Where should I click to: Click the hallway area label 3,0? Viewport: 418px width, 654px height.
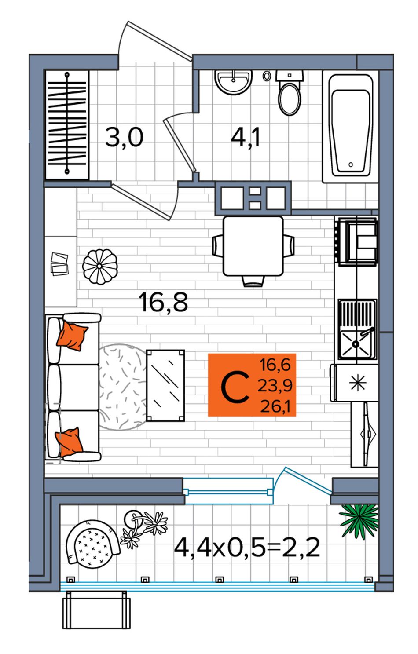coord(124,137)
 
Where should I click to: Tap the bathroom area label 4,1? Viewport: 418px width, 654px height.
coord(245,137)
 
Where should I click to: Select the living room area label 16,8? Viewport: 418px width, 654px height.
coord(164,302)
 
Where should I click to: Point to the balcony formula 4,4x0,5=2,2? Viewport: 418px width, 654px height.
coord(247,548)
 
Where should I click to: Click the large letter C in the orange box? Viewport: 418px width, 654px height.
coord(235,387)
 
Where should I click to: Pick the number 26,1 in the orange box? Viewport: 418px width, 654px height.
coord(275,406)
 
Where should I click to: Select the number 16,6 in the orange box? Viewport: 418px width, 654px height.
coord(275,365)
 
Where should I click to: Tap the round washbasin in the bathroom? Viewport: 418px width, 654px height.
coord(233,82)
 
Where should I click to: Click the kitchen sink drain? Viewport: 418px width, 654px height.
coord(356,344)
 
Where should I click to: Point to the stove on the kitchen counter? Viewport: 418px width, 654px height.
coord(356,241)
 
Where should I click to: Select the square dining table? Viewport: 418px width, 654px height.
coord(253,246)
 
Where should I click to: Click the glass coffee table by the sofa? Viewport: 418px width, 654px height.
coord(165,385)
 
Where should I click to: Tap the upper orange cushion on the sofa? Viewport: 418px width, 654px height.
coord(72,336)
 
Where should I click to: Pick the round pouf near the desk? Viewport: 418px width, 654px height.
coord(99,267)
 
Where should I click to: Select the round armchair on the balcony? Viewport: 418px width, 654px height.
coord(92,542)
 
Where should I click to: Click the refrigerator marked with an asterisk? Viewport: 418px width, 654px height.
coord(354,383)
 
